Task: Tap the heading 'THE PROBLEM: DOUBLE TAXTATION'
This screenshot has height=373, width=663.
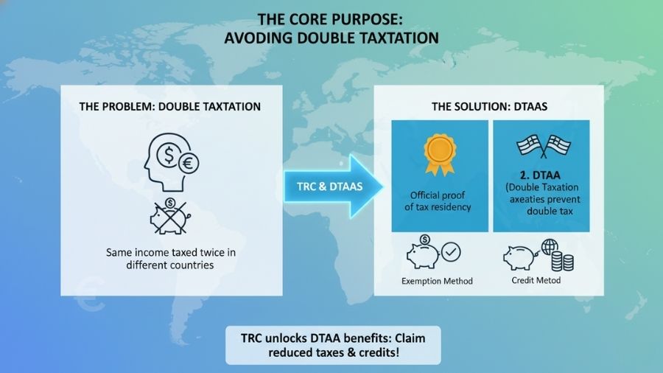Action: click(x=169, y=107)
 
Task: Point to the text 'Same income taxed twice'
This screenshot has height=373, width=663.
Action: click(x=169, y=252)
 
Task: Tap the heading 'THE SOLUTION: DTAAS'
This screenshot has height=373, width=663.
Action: click(x=488, y=107)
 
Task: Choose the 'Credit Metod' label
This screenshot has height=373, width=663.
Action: click(x=537, y=281)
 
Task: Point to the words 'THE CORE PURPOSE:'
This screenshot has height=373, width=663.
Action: click(x=331, y=18)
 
